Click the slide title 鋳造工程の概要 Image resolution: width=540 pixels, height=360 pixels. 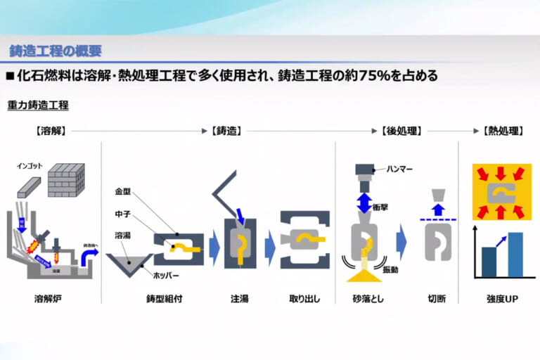(55, 51)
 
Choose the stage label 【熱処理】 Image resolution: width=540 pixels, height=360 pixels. (503, 131)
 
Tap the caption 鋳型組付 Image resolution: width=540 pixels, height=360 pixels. (165, 298)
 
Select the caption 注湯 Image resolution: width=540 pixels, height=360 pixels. (239, 298)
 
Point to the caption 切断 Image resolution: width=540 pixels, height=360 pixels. (437, 298)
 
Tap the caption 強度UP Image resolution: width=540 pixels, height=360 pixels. (503, 298)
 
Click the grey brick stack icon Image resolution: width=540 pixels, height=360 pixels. (66, 180)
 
